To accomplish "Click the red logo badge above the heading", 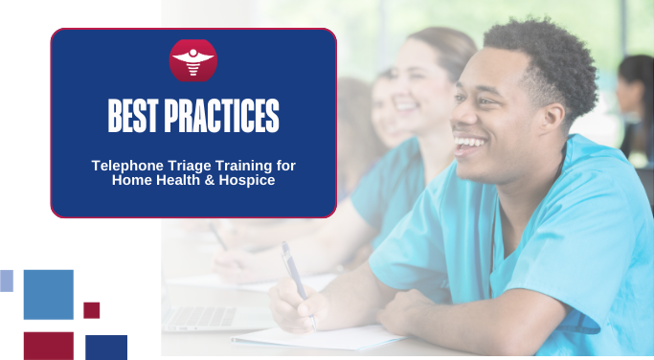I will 193,60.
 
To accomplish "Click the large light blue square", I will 48,294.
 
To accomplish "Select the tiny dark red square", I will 91,310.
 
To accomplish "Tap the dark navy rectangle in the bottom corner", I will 106,347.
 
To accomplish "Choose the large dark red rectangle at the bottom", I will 48,346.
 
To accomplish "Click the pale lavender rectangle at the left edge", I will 6,280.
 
